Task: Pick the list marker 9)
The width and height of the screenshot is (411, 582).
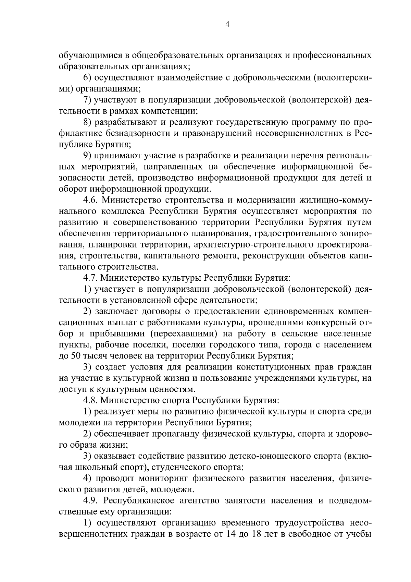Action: (88, 156)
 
